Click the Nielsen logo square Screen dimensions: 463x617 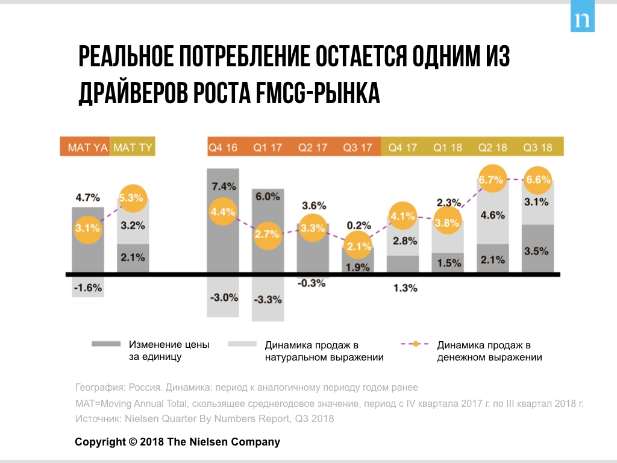pos(582,19)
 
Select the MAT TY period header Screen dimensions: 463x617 pos(133,147)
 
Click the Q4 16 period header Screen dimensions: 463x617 pos(223,147)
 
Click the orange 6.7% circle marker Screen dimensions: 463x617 pos(492,180)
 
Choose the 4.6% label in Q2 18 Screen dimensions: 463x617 pos(493,215)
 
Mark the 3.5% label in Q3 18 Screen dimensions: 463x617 pos(537,251)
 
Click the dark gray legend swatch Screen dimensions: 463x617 pos(105,344)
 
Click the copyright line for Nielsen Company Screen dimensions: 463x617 pos(177,442)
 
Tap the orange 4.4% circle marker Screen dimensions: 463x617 pos(223,212)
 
